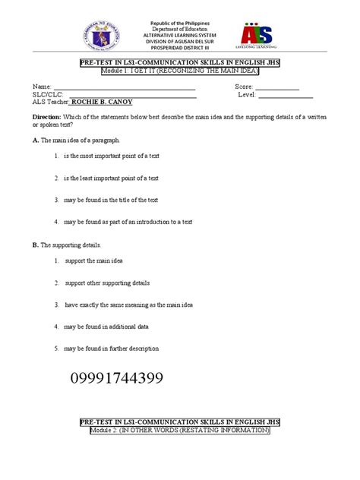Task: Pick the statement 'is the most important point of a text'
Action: coord(111,156)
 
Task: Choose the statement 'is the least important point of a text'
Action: coord(111,178)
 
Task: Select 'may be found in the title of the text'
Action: coord(111,201)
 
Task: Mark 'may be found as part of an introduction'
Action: coord(128,222)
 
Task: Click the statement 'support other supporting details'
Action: coord(107,283)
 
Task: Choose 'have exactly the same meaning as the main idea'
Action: coord(128,305)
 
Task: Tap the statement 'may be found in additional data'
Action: coord(106,327)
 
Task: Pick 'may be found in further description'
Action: coord(111,349)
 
